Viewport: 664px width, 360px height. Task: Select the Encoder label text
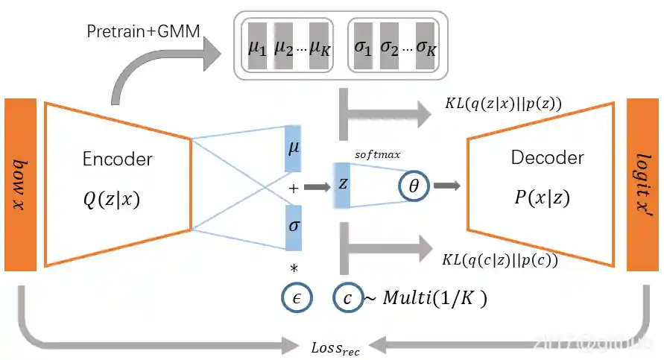118,159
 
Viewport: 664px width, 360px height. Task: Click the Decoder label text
548,157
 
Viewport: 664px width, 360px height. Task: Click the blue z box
343,183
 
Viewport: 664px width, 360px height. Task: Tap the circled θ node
414,184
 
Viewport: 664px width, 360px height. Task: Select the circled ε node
295,296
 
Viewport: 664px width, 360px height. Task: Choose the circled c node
347,296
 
